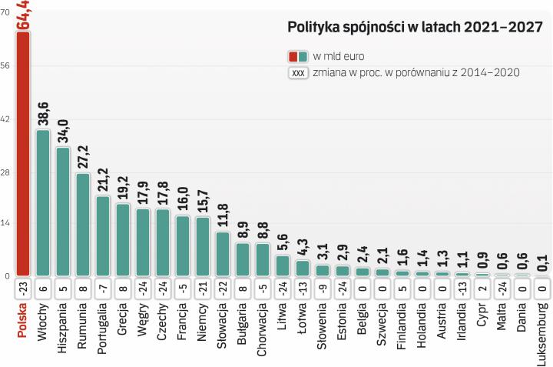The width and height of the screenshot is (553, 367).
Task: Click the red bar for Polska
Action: (x=23, y=154)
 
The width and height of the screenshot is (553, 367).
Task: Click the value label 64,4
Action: (x=24, y=16)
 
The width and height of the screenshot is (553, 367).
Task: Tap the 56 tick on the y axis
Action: (x=6, y=67)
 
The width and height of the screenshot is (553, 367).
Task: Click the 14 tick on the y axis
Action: (x=6, y=224)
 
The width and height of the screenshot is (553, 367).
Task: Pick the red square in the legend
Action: (x=293, y=56)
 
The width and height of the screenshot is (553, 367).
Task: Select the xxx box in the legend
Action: (x=299, y=73)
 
